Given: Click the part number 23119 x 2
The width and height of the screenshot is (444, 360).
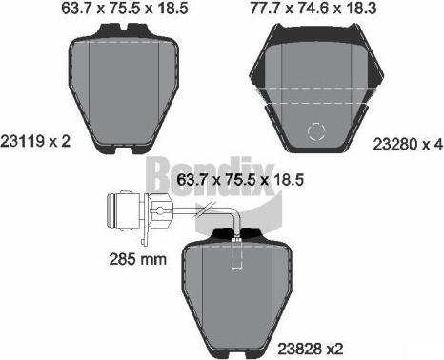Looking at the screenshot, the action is (x=35, y=141).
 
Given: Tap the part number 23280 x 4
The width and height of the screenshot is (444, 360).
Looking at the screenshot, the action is (x=408, y=145).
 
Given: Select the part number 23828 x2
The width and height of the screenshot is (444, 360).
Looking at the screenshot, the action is (x=311, y=349).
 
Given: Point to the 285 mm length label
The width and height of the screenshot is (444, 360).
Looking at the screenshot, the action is (x=138, y=259).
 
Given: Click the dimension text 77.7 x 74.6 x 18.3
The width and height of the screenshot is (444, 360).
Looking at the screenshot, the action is (x=313, y=8).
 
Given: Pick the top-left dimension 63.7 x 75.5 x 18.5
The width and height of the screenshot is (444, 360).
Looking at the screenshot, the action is (x=125, y=8).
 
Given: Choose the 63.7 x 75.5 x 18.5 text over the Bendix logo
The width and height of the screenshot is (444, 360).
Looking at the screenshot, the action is (x=240, y=180).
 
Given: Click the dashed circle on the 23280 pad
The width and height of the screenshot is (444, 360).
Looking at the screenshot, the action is (x=316, y=131).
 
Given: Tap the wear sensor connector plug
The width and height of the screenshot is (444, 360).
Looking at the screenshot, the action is (x=123, y=210).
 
